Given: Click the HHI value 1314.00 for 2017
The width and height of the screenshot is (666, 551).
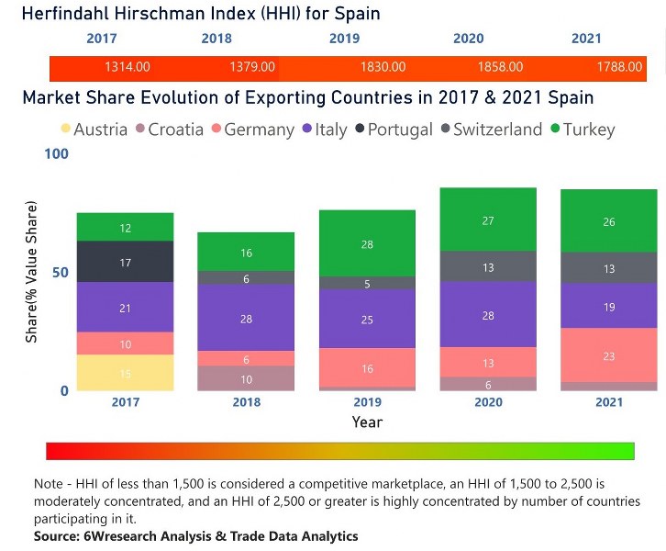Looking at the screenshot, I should click(x=128, y=67).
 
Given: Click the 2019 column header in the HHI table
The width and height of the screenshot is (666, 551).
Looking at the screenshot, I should click(x=346, y=39).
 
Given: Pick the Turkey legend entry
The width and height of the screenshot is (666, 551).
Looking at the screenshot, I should click(x=583, y=129).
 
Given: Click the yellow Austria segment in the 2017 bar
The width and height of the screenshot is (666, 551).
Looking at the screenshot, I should click(x=125, y=373).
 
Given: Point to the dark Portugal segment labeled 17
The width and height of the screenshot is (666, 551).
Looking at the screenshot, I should click(x=125, y=262).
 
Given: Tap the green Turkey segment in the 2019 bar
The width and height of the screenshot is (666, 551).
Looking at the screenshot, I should click(x=367, y=243).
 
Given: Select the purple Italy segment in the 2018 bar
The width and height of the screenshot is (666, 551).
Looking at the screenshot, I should click(x=246, y=318).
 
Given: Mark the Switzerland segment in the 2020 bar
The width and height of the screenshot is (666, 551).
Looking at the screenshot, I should click(x=488, y=266).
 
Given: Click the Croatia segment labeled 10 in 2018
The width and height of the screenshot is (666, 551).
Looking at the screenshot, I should click(x=246, y=378).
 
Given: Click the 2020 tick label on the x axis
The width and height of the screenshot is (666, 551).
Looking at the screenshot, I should click(x=488, y=402).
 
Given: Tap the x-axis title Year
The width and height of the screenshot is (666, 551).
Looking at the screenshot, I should click(x=367, y=422).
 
